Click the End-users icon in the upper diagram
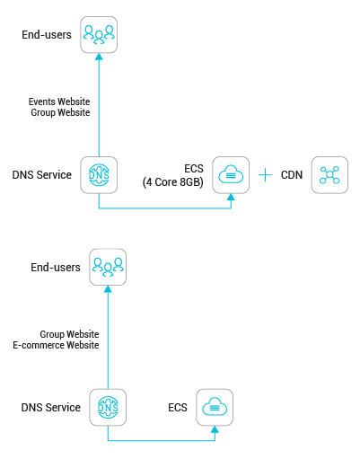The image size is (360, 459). click(99, 35)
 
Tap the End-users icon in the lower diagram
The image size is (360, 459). click(108, 267)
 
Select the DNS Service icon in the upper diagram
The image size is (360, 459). click(99, 175)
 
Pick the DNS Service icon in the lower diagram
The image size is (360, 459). click(108, 407)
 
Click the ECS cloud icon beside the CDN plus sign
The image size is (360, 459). click(231, 175)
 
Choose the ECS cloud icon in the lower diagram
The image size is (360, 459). click(215, 407)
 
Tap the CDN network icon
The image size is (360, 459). click(329, 175)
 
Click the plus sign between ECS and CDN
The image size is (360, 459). click(265, 175)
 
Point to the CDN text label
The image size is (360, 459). click(292, 175)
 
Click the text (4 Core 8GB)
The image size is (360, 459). click(173, 182)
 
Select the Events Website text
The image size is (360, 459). click(59, 102)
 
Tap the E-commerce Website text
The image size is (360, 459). click(56, 345)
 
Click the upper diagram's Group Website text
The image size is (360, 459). click(60, 112)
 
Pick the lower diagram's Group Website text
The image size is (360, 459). click(69, 334)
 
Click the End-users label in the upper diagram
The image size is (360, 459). click(47, 35)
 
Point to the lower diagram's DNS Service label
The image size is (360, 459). click(51, 408)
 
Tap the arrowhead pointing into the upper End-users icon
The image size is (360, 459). click(99, 57)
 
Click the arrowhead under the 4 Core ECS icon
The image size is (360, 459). click(231, 197)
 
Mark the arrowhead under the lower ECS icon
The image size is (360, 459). click(215, 429)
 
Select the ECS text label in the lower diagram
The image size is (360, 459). click(178, 408)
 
